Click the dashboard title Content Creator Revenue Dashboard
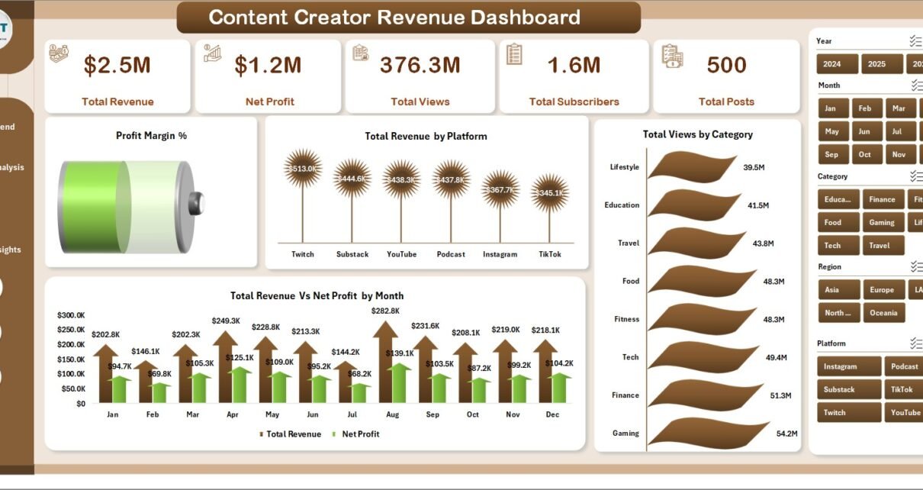pyautogui.click(x=394, y=17)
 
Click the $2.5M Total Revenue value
pyautogui.click(x=117, y=66)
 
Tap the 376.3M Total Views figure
pyautogui.click(x=420, y=66)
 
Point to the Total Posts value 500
pyautogui.click(x=726, y=66)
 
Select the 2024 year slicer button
pyautogui.click(x=837, y=64)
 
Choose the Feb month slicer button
pyautogui.click(x=867, y=108)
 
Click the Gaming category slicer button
pyautogui.click(x=881, y=223)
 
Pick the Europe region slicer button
pyautogui.click(x=881, y=290)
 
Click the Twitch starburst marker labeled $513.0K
pyautogui.click(x=303, y=169)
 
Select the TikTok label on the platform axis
pyautogui.click(x=549, y=254)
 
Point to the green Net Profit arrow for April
pyautogui.click(x=240, y=384)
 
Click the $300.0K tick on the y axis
pyautogui.click(x=71, y=315)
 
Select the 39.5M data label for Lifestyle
pyautogui.click(x=755, y=167)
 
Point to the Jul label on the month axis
pyautogui.click(x=351, y=414)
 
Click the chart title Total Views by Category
pyautogui.click(x=697, y=134)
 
